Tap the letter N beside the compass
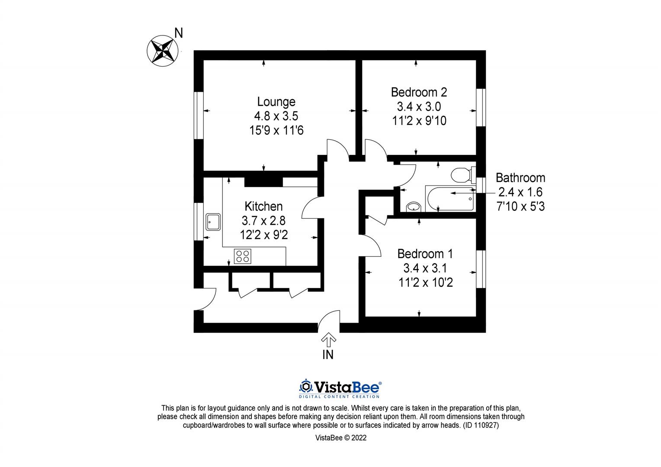tap(178, 33)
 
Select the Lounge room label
tap(276, 102)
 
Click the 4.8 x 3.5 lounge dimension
tap(276, 116)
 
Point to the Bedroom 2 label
tap(419, 92)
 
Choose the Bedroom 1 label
tap(425, 253)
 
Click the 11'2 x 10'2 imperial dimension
tap(426, 283)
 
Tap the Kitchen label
tap(263, 206)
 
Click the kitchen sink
tap(214, 222)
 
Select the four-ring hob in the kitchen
tap(243, 256)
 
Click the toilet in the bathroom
tap(460, 176)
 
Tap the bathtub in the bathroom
tap(450, 198)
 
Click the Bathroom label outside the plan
tap(520, 178)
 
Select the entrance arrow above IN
tap(328, 340)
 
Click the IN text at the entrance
tap(328, 355)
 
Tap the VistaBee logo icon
tap(306, 386)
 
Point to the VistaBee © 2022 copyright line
tap(341, 438)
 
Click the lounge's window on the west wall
tap(199, 115)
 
